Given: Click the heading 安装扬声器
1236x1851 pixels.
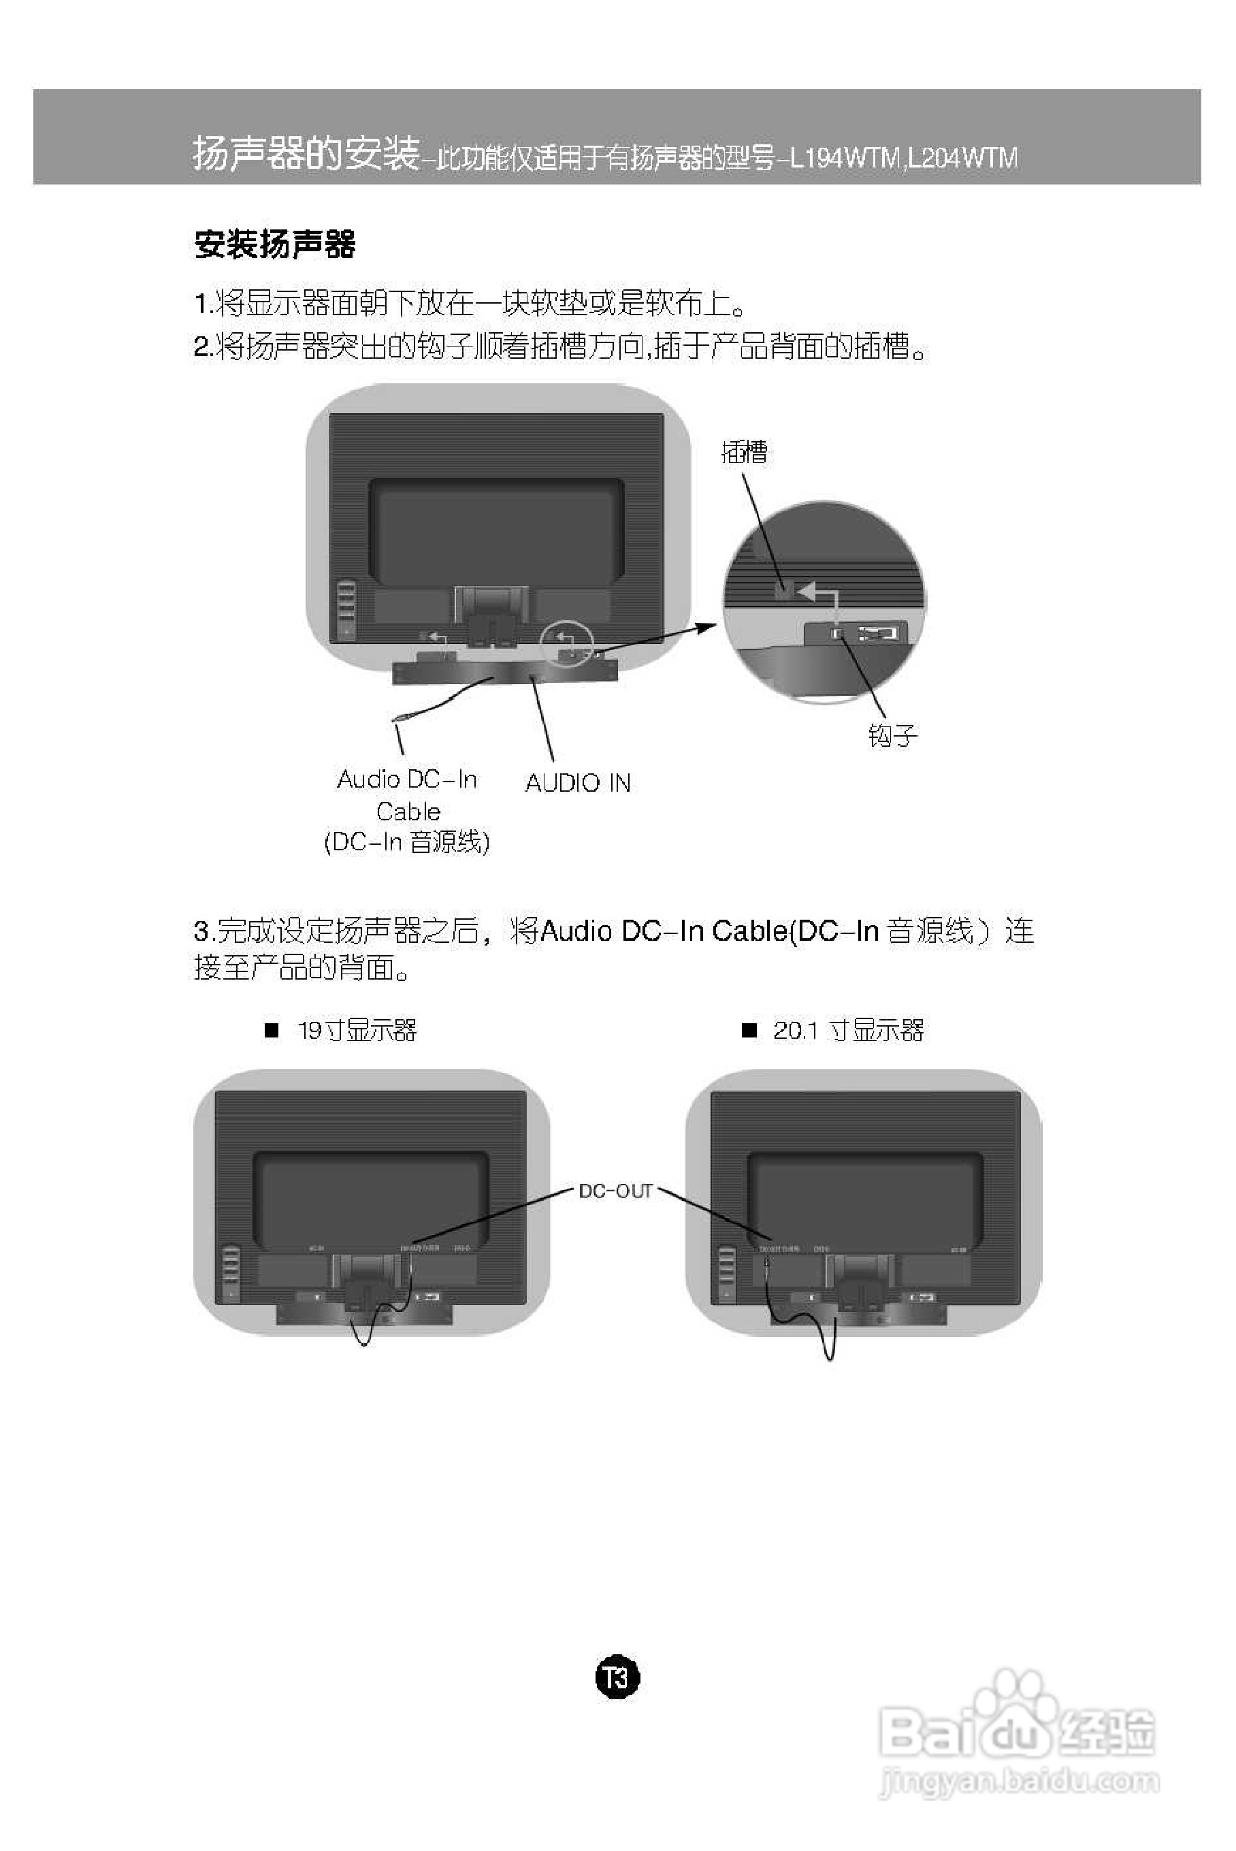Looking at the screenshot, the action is (274, 244).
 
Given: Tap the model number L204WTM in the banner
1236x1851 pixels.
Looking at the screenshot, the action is (962, 159).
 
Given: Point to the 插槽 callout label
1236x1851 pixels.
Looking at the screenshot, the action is (744, 452).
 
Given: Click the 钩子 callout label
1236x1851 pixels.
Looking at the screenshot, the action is (892, 735).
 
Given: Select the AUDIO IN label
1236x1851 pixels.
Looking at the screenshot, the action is (578, 783).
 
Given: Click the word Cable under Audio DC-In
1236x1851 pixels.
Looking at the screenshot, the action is (408, 811).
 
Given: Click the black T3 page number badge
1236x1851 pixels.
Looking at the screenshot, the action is (617, 1677).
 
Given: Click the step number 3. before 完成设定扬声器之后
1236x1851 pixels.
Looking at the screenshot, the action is (204, 931).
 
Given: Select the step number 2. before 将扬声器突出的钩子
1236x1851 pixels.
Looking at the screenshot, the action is (204, 346).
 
